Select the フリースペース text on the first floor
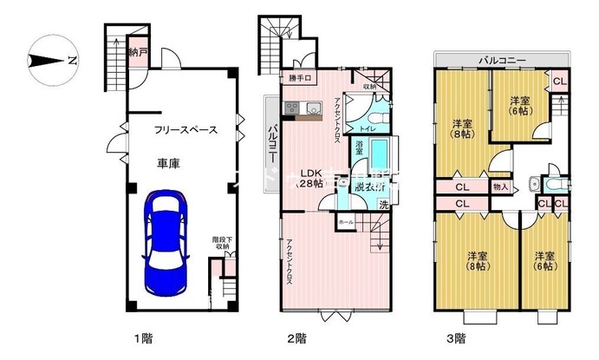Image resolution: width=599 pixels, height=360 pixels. tap(185, 130)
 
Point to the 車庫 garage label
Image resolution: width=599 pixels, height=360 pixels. tap(168, 163)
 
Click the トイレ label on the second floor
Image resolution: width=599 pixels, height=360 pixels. tap(367, 128)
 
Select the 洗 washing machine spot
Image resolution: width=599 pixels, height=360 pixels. tap(383, 205)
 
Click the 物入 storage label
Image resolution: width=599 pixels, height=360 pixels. tap(499, 185)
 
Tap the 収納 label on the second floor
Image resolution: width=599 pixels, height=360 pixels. tap(370, 85)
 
